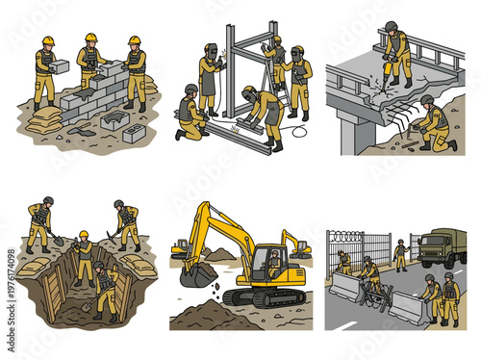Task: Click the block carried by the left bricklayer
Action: point(60,65)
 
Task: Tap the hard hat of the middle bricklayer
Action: point(91,37)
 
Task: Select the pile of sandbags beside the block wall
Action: point(44,120)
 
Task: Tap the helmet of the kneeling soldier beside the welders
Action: point(190,90)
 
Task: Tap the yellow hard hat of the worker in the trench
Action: point(84,234)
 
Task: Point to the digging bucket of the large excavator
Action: point(197,275)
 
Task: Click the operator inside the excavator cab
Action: point(274,258)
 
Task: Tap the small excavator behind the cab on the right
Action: point(295,244)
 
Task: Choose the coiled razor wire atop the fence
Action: point(361,234)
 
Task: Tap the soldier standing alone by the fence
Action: point(401,254)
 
